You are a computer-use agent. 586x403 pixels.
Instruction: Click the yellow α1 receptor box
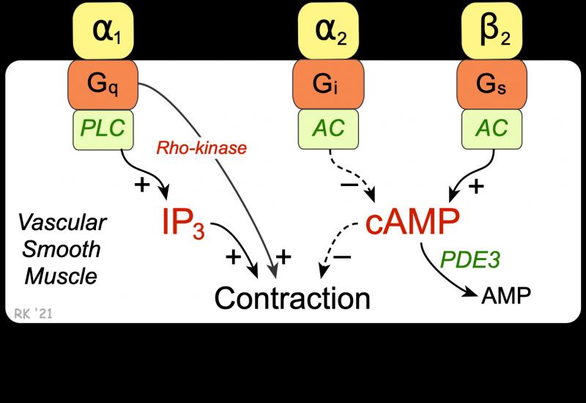(103, 31)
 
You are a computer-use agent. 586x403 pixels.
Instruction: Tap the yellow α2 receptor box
(328, 31)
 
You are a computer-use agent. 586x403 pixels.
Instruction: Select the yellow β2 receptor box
(492, 31)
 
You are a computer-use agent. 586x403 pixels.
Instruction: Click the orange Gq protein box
(103, 84)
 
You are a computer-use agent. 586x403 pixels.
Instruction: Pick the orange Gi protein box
(328, 84)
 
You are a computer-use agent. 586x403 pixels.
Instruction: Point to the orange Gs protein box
(492, 84)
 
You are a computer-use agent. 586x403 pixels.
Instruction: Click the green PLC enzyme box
(103, 130)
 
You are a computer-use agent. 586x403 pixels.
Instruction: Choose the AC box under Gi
(328, 130)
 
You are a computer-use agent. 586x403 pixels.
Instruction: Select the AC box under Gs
(492, 130)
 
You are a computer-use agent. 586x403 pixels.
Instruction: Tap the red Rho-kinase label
(201, 148)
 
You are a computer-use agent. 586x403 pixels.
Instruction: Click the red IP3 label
(183, 223)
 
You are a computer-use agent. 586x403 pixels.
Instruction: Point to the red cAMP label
(412, 221)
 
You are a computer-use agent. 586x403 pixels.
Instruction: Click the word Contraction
(292, 298)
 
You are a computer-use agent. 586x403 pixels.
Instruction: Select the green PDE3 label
(470, 259)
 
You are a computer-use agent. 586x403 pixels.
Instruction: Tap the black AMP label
(506, 296)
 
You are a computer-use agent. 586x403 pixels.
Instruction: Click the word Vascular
(62, 223)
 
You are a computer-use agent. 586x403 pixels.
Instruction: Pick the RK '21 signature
(33, 314)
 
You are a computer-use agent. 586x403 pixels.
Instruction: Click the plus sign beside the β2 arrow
(476, 186)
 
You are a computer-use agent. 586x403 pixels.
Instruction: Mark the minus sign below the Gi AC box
(350, 185)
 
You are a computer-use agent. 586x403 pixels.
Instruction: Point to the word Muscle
(61, 277)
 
